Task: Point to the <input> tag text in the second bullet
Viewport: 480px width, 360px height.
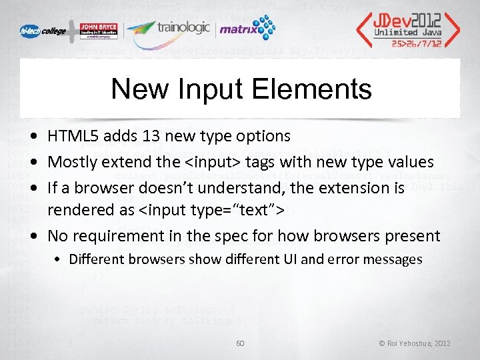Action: coord(221,162)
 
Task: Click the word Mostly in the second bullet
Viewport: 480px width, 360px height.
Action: coord(71,162)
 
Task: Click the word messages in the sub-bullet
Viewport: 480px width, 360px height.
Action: coord(393,259)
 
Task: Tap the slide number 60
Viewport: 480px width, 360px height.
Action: coord(240,343)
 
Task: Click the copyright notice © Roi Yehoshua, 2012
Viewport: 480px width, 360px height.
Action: coord(415,343)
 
